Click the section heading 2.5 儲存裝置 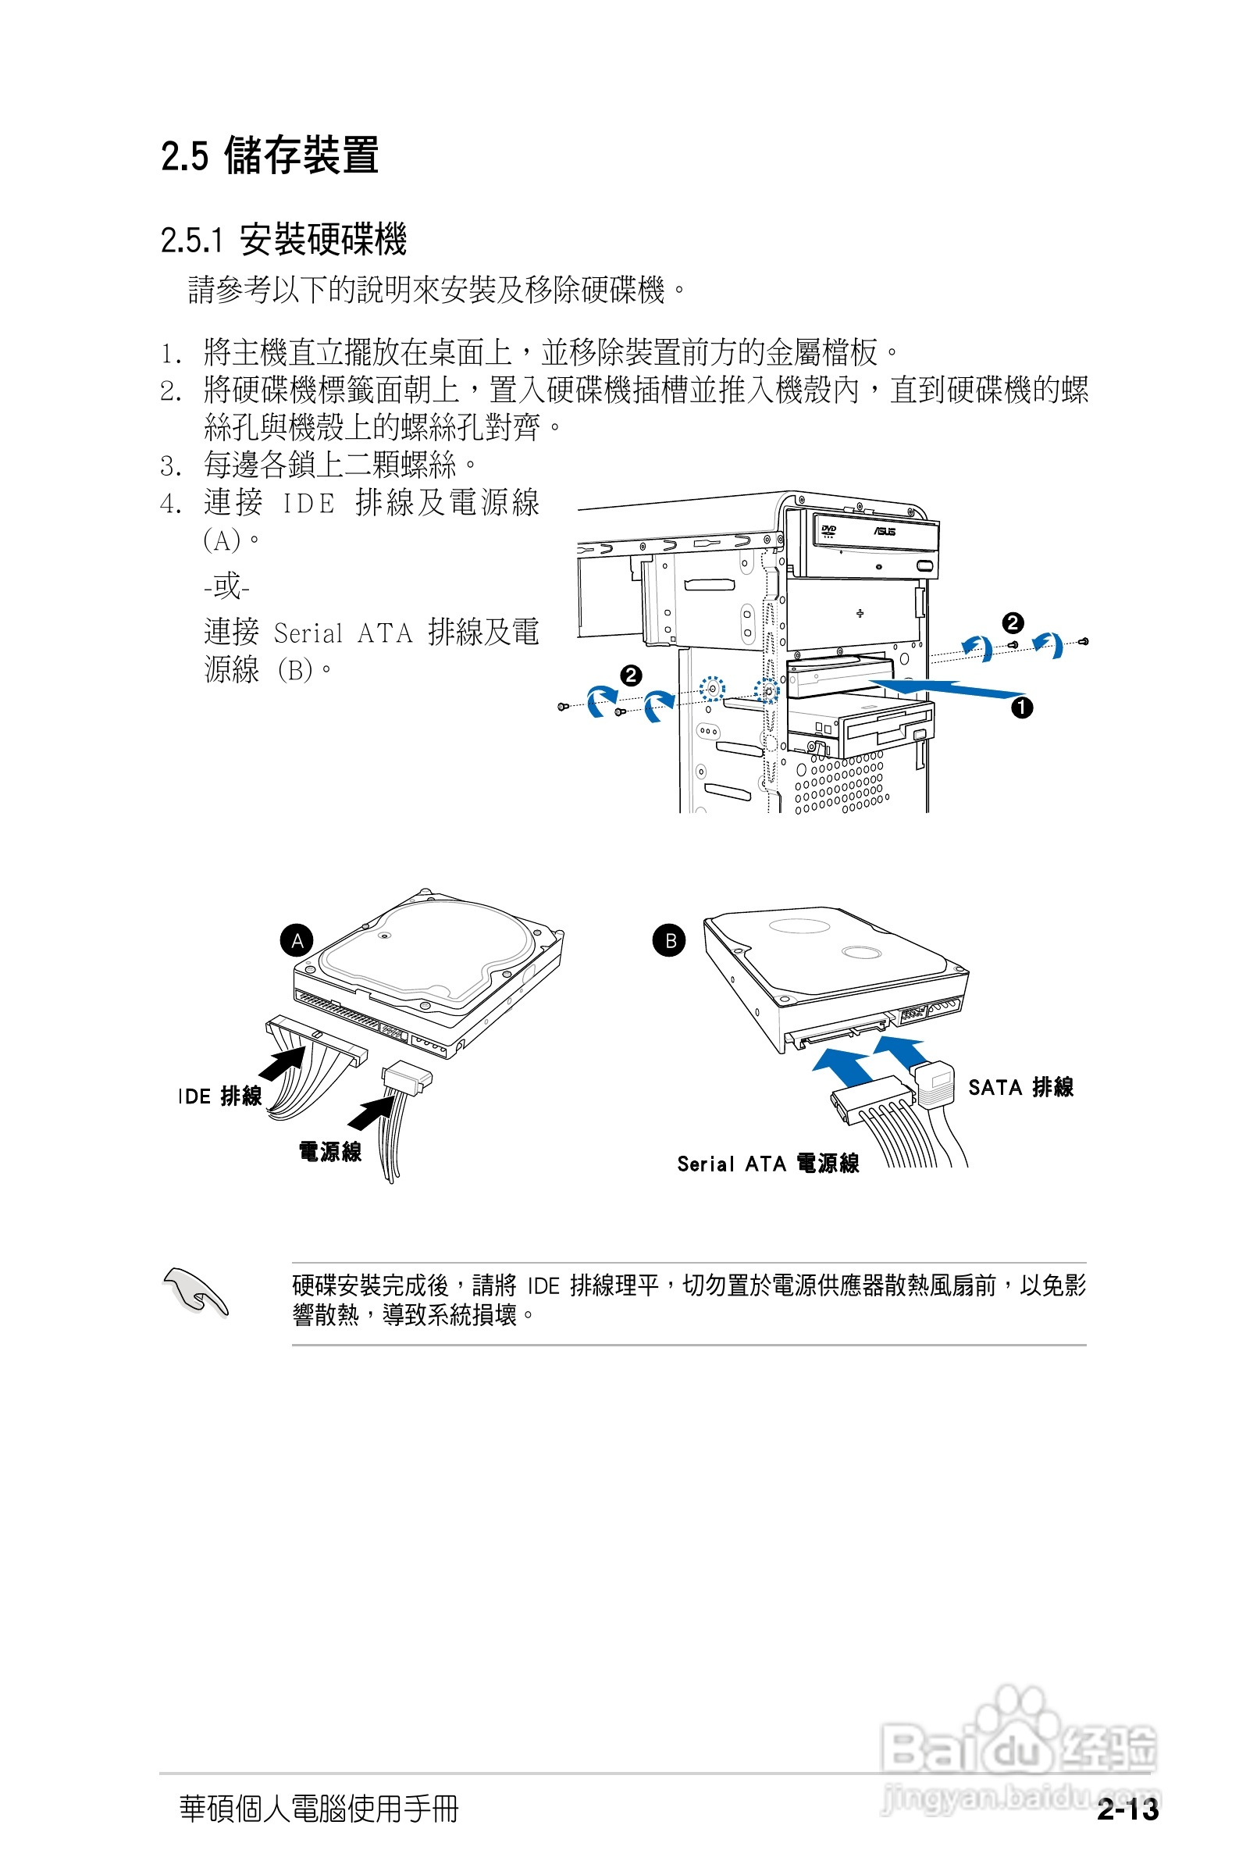coord(269,155)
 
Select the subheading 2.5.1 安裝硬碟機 coord(283,240)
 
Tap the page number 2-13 coord(1127,1809)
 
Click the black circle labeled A coord(297,940)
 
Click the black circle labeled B coord(669,940)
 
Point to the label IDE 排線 coord(219,1096)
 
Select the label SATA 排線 coord(1020,1087)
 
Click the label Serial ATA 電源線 coord(767,1163)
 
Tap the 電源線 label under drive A coord(329,1151)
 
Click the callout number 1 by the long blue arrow coord(1022,708)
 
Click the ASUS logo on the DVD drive coord(885,532)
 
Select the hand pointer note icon coord(194,1292)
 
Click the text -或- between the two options coord(226,587)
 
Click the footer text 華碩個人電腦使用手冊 coord(319,1808)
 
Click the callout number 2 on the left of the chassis coord(631,676)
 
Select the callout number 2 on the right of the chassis coord(1013,622)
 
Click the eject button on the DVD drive coord(926,565)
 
